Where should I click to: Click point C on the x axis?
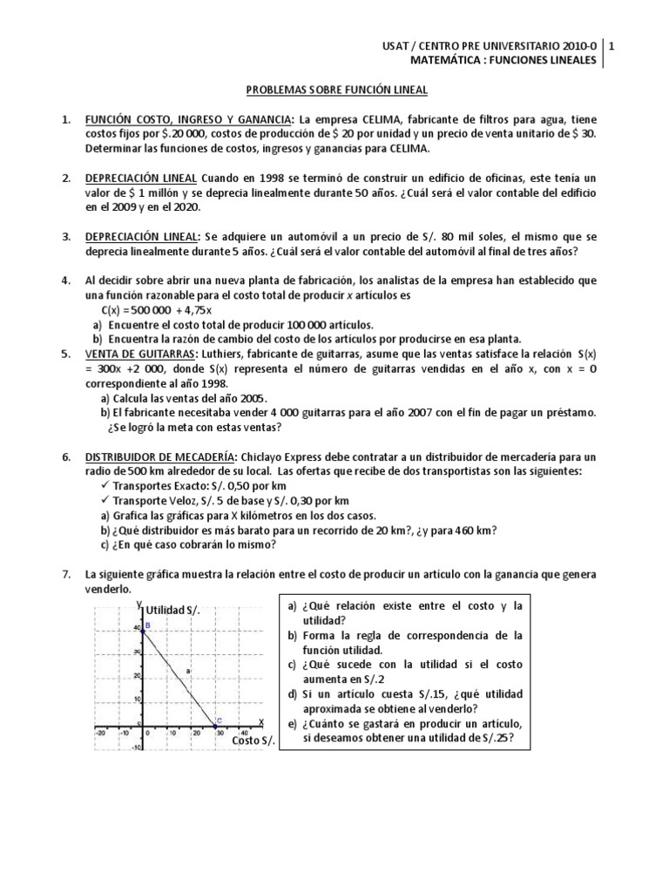click(217, 723)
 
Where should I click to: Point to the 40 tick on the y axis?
click(137, 628)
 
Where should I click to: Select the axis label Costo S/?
click(253, 740)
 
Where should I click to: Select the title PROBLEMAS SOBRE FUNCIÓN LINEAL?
click(334, 89)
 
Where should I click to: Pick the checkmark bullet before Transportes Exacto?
click(105, 486)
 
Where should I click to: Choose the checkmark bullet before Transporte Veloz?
click(105, 501)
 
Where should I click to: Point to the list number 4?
click(65, 280)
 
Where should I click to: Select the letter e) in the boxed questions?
click(292, 725)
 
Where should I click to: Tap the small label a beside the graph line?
click(187, 670)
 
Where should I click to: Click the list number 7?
click(65, 575)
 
